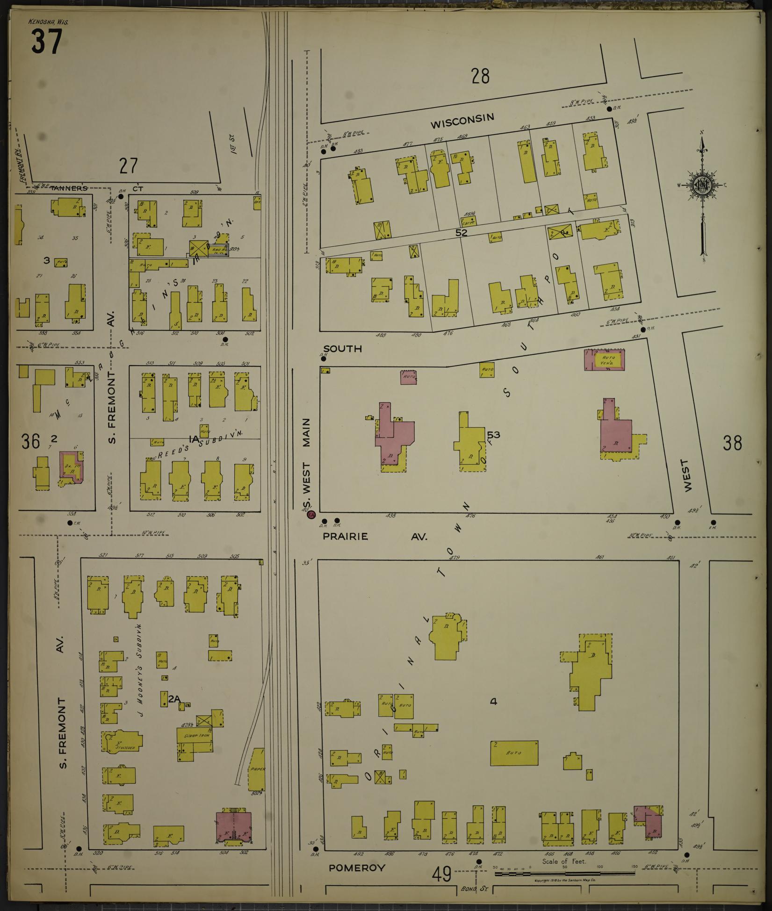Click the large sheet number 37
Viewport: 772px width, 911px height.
tap(47, 42)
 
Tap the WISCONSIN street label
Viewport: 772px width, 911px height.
tap(462, 121)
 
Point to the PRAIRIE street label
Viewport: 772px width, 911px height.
tap(345, 537)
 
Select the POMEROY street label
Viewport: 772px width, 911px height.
tap(357, 868)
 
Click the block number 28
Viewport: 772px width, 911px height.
tap(480, 76)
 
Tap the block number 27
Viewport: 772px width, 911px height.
tap(129, 166)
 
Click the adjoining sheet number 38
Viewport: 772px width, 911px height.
tap(732, 443)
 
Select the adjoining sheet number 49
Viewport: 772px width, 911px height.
tap(441, 874)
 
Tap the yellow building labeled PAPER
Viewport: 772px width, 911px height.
tap(257, 769)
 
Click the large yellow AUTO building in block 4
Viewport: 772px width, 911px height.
tap(514, 753)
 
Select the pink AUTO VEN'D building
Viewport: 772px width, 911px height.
tap(605, 360)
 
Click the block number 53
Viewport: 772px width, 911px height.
tap(493, 435)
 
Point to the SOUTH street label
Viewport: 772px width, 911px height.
tap(342, 349)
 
